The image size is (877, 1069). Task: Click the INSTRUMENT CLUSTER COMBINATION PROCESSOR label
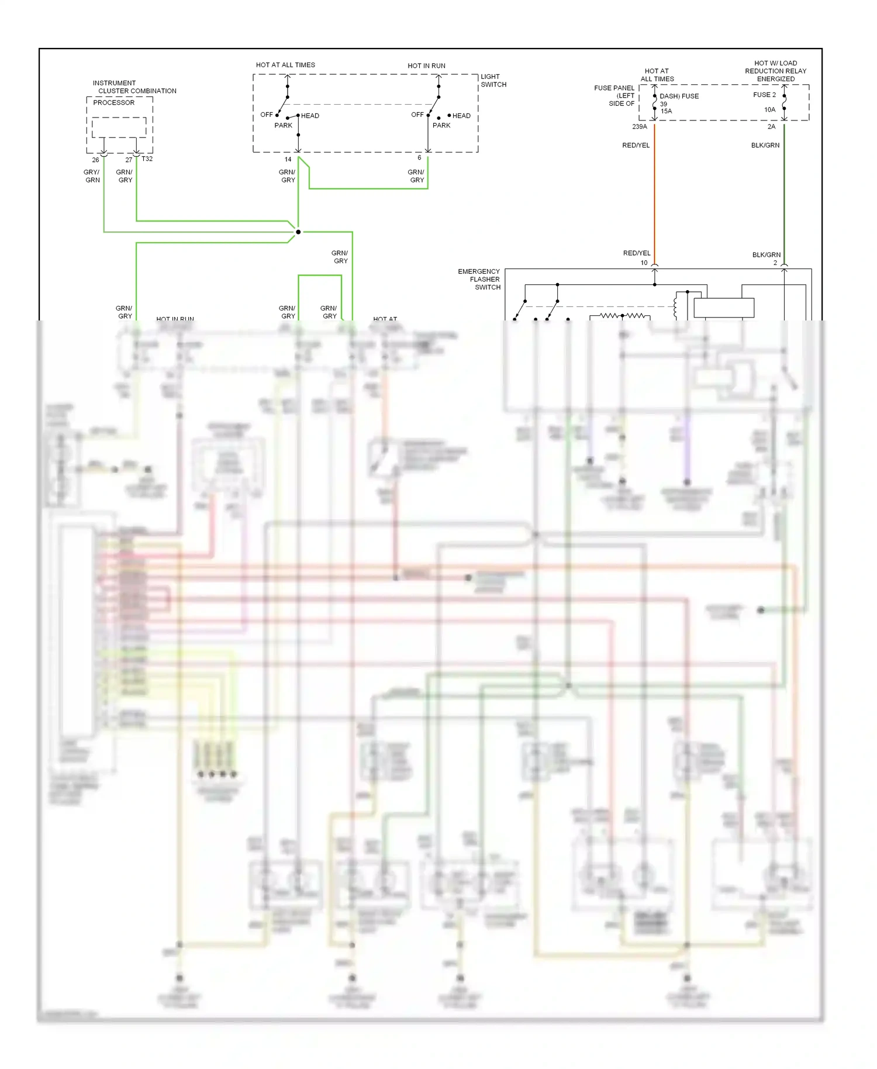(134, 91)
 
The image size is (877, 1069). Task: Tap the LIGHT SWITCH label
(493, 81)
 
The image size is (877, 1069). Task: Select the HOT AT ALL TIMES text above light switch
(285, 65)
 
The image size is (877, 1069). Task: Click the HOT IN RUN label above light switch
(426, 65)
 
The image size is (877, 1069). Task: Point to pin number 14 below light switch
(288, 159)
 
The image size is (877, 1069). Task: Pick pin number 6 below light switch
(419, 158)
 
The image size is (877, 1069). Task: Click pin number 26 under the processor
(95, 160)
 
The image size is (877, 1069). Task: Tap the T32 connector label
(147, 158)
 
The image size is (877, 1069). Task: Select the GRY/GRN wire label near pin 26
(92, 176)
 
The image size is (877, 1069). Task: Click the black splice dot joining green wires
(298, 232)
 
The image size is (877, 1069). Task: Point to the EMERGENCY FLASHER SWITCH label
(479, 280)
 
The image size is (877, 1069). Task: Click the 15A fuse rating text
(667, 111)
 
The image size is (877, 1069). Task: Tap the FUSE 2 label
(764, 95)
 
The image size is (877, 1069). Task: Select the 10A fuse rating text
(769, 110)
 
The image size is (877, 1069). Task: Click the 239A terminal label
(639, 126)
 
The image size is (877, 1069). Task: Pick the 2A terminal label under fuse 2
(771, 126)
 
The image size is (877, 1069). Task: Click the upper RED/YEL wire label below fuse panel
(636, 145)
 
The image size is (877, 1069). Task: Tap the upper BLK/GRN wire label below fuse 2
(765, 145)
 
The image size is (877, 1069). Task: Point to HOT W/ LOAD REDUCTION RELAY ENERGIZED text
(775, 71)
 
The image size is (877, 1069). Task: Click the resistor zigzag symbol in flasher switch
(623, 316)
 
